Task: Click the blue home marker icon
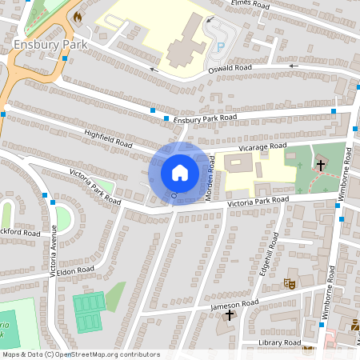click(179, 173)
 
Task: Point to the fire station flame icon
click(78, 16)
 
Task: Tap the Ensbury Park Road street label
click(206, 118)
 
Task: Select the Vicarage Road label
click(262, 147)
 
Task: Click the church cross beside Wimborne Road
click(320, 166)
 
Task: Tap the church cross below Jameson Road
click(230, 315)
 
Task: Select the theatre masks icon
click(290, 283)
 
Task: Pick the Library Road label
click(279, 342)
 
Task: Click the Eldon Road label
click(75, 271)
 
